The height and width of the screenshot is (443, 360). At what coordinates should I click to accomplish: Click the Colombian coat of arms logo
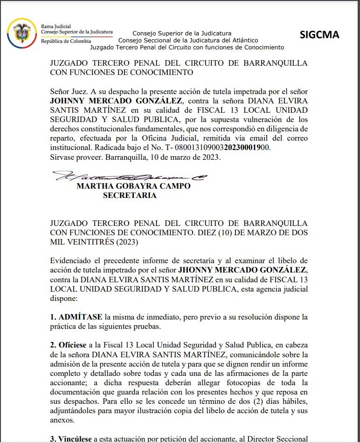[21, 32]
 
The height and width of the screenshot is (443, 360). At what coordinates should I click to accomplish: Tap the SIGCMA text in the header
[319, 35]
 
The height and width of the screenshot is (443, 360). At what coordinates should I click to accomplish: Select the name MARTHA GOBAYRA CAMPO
[133, 186]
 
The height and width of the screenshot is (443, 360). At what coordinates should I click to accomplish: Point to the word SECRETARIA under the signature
[130, 196]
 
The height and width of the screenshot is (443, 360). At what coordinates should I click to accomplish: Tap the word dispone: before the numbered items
[65, 298]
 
